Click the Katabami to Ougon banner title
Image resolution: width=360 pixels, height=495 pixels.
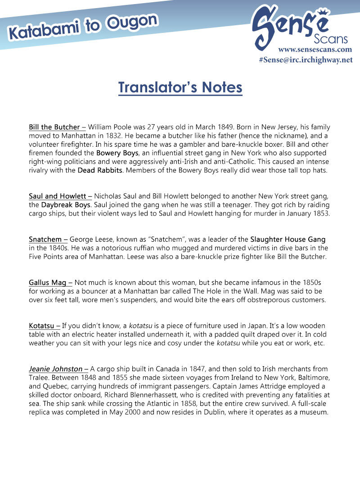pos(83,27)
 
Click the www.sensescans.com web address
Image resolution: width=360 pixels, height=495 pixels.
pos(315,49)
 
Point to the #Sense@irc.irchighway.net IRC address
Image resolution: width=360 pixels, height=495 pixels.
pos(306,60)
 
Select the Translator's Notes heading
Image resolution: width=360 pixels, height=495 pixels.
pos(180,87)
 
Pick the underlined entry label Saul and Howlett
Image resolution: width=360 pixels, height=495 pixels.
pos(58,196)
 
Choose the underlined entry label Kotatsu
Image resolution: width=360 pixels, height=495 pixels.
pos(42,325)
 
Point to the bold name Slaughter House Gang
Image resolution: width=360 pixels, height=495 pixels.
pos(288,239)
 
